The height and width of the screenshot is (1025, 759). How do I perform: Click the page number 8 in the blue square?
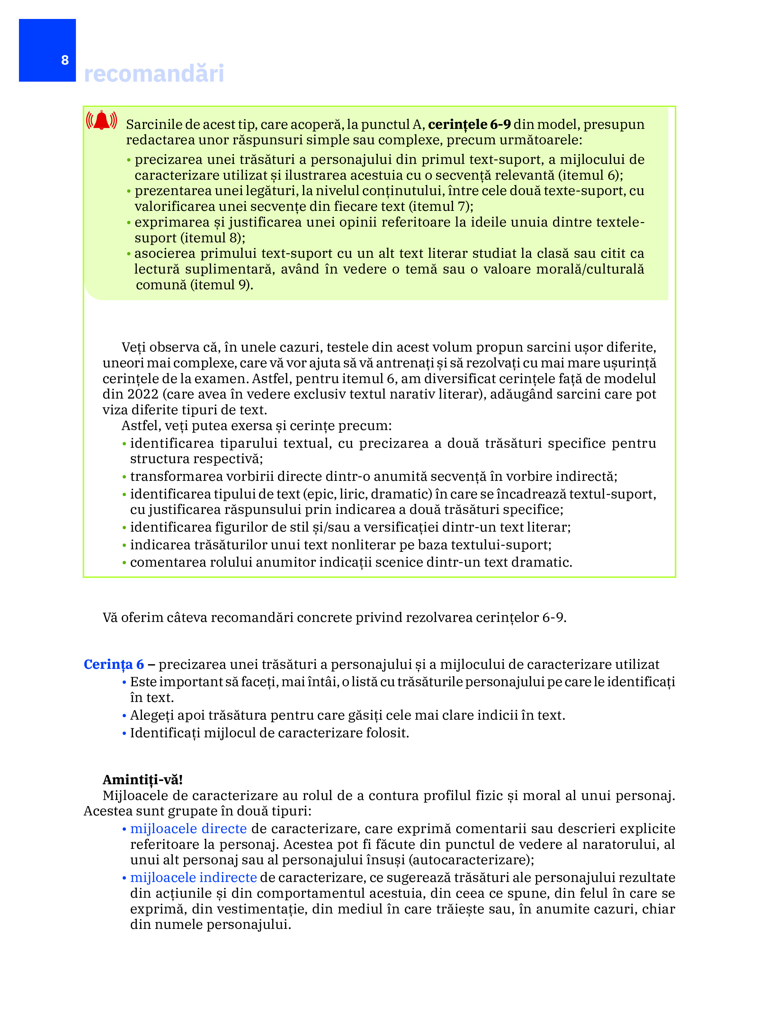pyautogui.click(x=65, y=60)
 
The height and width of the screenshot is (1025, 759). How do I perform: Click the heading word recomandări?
pyautogui.click(x=154, y=74)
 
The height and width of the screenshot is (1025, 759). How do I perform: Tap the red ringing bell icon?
pyautogui.click(x=102, y=121)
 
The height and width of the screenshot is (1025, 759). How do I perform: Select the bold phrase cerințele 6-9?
pyautogui.click(x=469, y=124)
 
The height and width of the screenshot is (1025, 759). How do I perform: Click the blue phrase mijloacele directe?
pyautogui.click(x=188, y=828)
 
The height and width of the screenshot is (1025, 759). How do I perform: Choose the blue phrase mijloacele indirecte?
pyautogui.click(x=193, y=877)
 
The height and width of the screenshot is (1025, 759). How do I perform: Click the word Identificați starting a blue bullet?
pyautogui.click(x=165, y=733)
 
